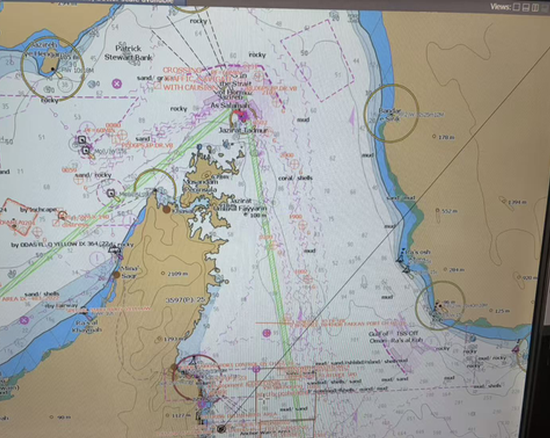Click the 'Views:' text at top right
501,6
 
